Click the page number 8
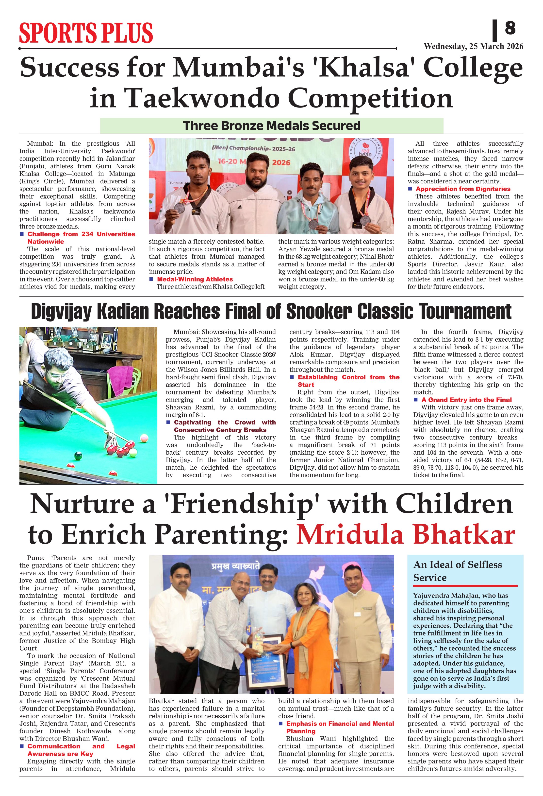pyautogui.click(x=510, y=28)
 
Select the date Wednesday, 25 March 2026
pyautogui.click(x=473, y=47)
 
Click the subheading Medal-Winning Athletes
pyautogui.click(x=195, y=279)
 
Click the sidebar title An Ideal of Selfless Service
pyautogui.click(x=458, y=571)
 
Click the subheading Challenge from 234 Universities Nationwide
pyautogui.click(x=81, y=238)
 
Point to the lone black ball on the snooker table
pyautogui.click(x=78, y=456)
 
